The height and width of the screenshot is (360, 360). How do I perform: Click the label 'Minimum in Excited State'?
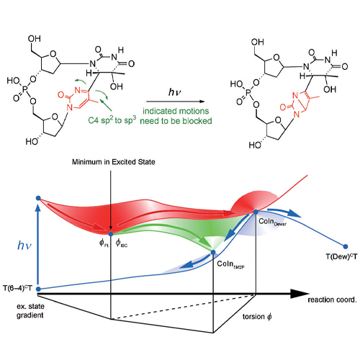(x=113, y=162)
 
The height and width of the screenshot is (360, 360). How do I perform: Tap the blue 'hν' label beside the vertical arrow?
(x=24, y=246)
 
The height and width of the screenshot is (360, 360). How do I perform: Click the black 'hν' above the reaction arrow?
(x=175, y=92)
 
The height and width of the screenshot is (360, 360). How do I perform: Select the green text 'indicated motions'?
(x=176, y=111)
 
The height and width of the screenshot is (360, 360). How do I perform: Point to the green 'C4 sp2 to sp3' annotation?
(x=112, y=120)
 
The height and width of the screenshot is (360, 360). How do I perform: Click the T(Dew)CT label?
(x=341, y=256)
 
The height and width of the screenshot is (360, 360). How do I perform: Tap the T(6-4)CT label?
(x=17, y=288)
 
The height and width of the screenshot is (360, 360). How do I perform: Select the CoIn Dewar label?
(x=272, y=222)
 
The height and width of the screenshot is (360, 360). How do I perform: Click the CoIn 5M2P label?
(x=230, y=264)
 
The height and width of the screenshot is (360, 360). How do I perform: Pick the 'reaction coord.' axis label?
(x=332, y=300)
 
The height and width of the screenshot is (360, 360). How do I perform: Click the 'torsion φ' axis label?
(x=257, y=317)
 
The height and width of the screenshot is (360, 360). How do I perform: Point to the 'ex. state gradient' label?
(x=30, y=310)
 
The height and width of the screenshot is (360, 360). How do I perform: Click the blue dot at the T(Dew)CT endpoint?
(x=346, y=246)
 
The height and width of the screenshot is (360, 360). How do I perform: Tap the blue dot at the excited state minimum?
(x=111, y=234)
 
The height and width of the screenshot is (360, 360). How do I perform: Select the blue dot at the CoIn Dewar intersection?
(x=256, y=212)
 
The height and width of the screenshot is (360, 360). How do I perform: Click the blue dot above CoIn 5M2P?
(x=213, y=252)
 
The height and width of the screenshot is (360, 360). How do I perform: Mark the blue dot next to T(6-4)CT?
(x=38, y=289)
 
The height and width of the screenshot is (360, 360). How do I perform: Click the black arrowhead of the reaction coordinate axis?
(x=299, y=294)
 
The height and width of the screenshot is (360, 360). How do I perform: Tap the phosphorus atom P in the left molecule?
(x=25, y=89)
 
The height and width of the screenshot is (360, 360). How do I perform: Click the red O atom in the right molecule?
(x=283, y=107)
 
